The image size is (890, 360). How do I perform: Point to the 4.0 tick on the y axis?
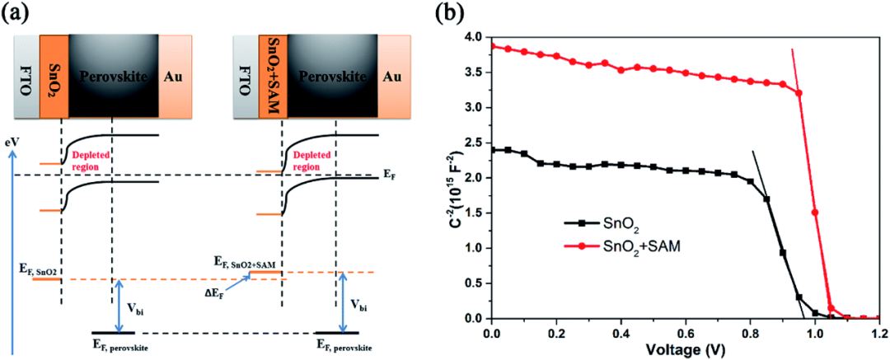point(475,37)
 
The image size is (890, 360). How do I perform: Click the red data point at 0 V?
point(492,46)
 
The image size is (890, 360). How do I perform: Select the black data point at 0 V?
point(492,150)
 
